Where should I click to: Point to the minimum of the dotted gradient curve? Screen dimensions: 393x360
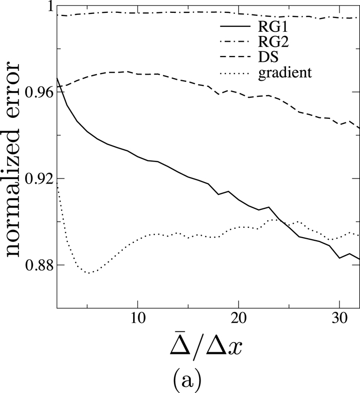pyautogui.click(x=88, y=273)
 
